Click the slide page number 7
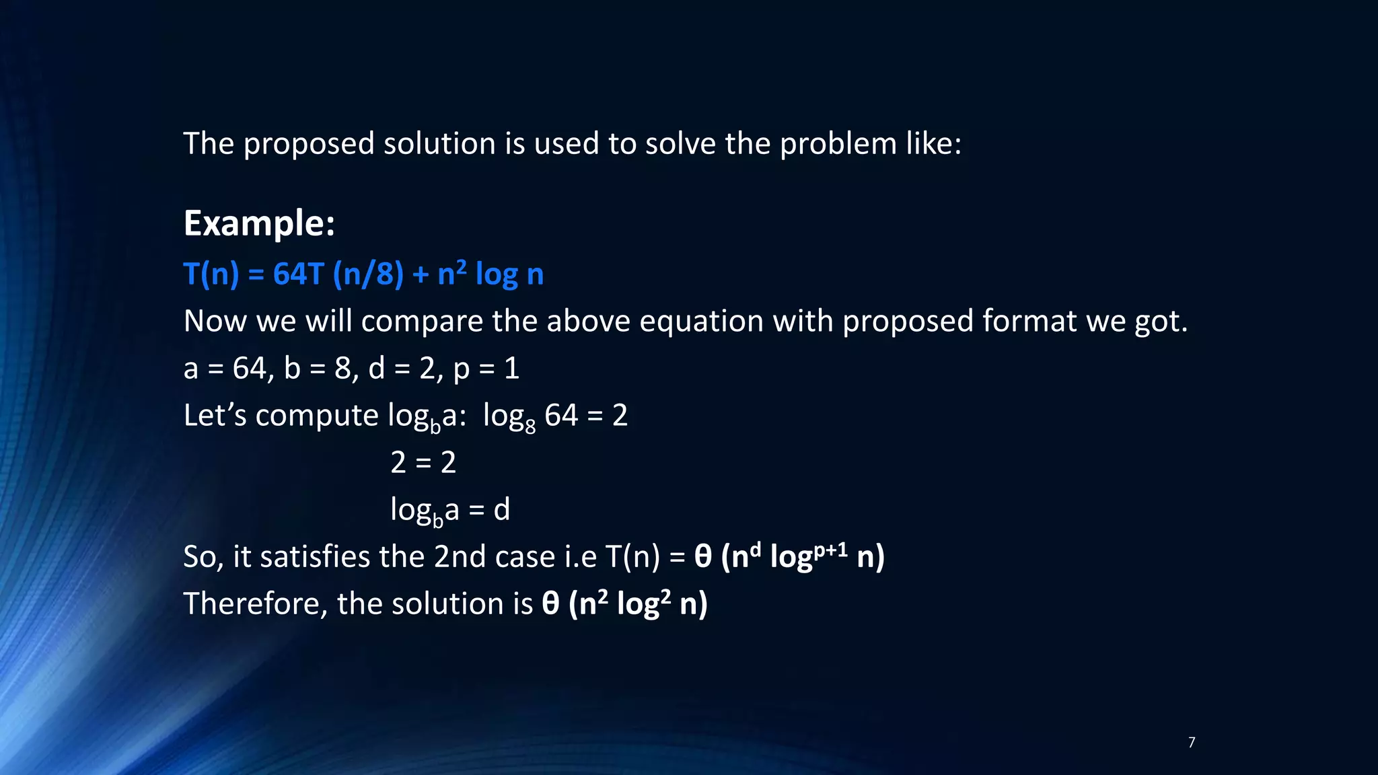coord(1192,742)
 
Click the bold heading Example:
coord(259,223)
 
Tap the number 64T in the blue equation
coord(299,274)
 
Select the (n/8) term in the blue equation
coord(368,274)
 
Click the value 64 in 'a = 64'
coord(249,369)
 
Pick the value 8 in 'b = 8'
coord(342,369)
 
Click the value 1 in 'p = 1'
coord(511,369)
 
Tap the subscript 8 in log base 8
coord(530,427)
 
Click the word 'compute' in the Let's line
coord(316,416)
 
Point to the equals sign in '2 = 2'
coord(423,463)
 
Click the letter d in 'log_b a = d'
coord(501,510)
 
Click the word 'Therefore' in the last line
coord(255,603)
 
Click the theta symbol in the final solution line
coord(550,603)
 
